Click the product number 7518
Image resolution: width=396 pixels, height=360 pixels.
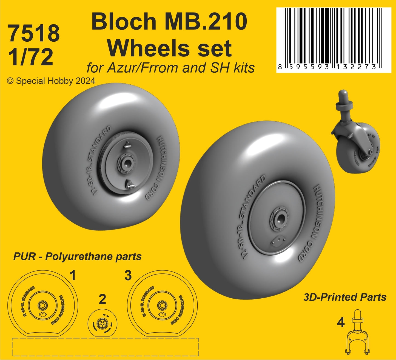34,33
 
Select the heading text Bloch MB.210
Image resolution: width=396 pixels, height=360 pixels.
169,22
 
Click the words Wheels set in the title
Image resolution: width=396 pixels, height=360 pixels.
169,48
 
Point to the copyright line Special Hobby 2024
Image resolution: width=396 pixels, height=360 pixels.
51,81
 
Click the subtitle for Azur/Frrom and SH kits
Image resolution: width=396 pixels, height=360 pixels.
170,68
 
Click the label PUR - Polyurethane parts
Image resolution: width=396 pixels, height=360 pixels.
77,257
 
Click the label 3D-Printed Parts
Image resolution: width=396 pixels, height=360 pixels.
345,297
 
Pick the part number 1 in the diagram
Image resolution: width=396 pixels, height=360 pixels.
73,276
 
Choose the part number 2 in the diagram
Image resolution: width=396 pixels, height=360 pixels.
102,299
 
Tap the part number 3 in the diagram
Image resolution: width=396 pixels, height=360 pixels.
128,276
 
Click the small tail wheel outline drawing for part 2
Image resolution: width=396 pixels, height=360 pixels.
102,323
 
